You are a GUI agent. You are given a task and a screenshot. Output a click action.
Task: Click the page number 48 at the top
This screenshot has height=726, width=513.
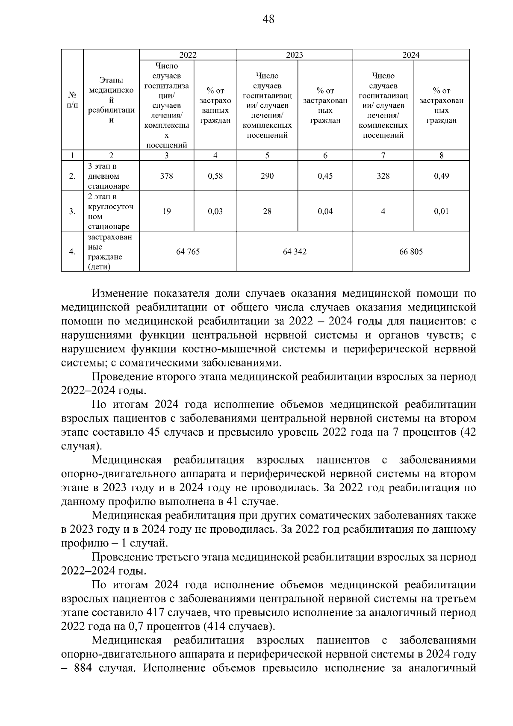[268, 19]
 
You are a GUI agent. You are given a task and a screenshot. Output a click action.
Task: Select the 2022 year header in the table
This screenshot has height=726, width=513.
[188, 55]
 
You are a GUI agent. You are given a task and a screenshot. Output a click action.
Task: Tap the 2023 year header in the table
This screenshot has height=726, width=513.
[295, 55]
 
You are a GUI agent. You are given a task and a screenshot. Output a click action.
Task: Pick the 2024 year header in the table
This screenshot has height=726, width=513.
[411, 55]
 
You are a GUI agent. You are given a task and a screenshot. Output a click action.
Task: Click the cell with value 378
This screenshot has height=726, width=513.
[166, 176]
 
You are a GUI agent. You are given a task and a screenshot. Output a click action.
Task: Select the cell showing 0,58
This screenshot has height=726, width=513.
[215, 176]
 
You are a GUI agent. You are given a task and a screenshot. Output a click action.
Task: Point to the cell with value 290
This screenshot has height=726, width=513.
[267, 176]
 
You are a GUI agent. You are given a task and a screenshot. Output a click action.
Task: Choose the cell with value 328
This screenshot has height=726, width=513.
[383, 176]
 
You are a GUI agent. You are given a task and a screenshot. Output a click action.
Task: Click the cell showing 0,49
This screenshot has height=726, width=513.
[441, 176]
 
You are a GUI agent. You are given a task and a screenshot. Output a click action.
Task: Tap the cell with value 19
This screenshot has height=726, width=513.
[166, 211]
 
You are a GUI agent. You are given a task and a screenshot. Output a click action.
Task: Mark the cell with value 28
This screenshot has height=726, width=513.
[267, 211]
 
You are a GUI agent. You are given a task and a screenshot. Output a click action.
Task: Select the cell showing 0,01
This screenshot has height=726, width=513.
[441, 211]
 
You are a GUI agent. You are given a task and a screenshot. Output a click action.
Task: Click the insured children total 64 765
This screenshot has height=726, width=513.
[188, 251]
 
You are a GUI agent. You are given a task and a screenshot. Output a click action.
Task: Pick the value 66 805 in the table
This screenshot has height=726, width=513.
[411, 251]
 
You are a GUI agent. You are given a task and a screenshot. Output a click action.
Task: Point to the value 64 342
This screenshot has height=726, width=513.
[295, 251]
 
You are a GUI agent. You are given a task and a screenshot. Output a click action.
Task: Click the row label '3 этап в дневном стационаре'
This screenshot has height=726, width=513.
[109, 176]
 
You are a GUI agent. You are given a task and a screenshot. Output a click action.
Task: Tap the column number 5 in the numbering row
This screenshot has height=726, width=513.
[267, 156]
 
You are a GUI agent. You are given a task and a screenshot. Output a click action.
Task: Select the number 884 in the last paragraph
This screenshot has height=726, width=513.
[83, 668]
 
